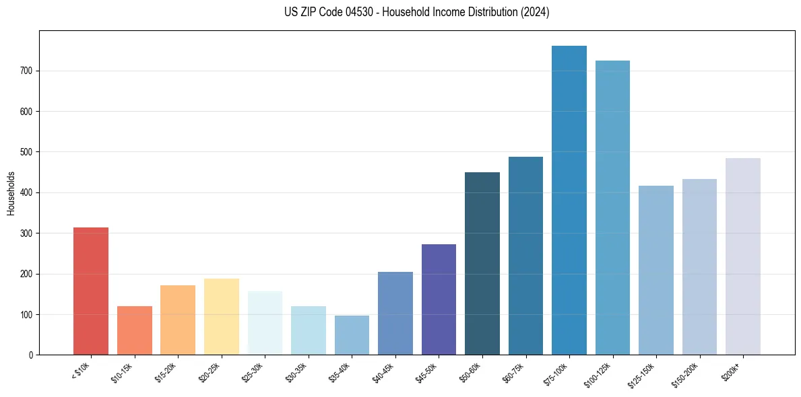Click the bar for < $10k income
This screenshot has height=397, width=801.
91,291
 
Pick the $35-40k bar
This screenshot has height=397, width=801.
352,335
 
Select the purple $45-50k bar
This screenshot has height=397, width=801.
439,299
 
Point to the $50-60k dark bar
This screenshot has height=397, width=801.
482,263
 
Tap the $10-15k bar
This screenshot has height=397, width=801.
134,330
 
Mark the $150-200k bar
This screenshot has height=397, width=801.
699,266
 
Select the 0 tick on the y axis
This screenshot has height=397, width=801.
31,355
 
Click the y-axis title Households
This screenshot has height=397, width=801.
11,193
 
